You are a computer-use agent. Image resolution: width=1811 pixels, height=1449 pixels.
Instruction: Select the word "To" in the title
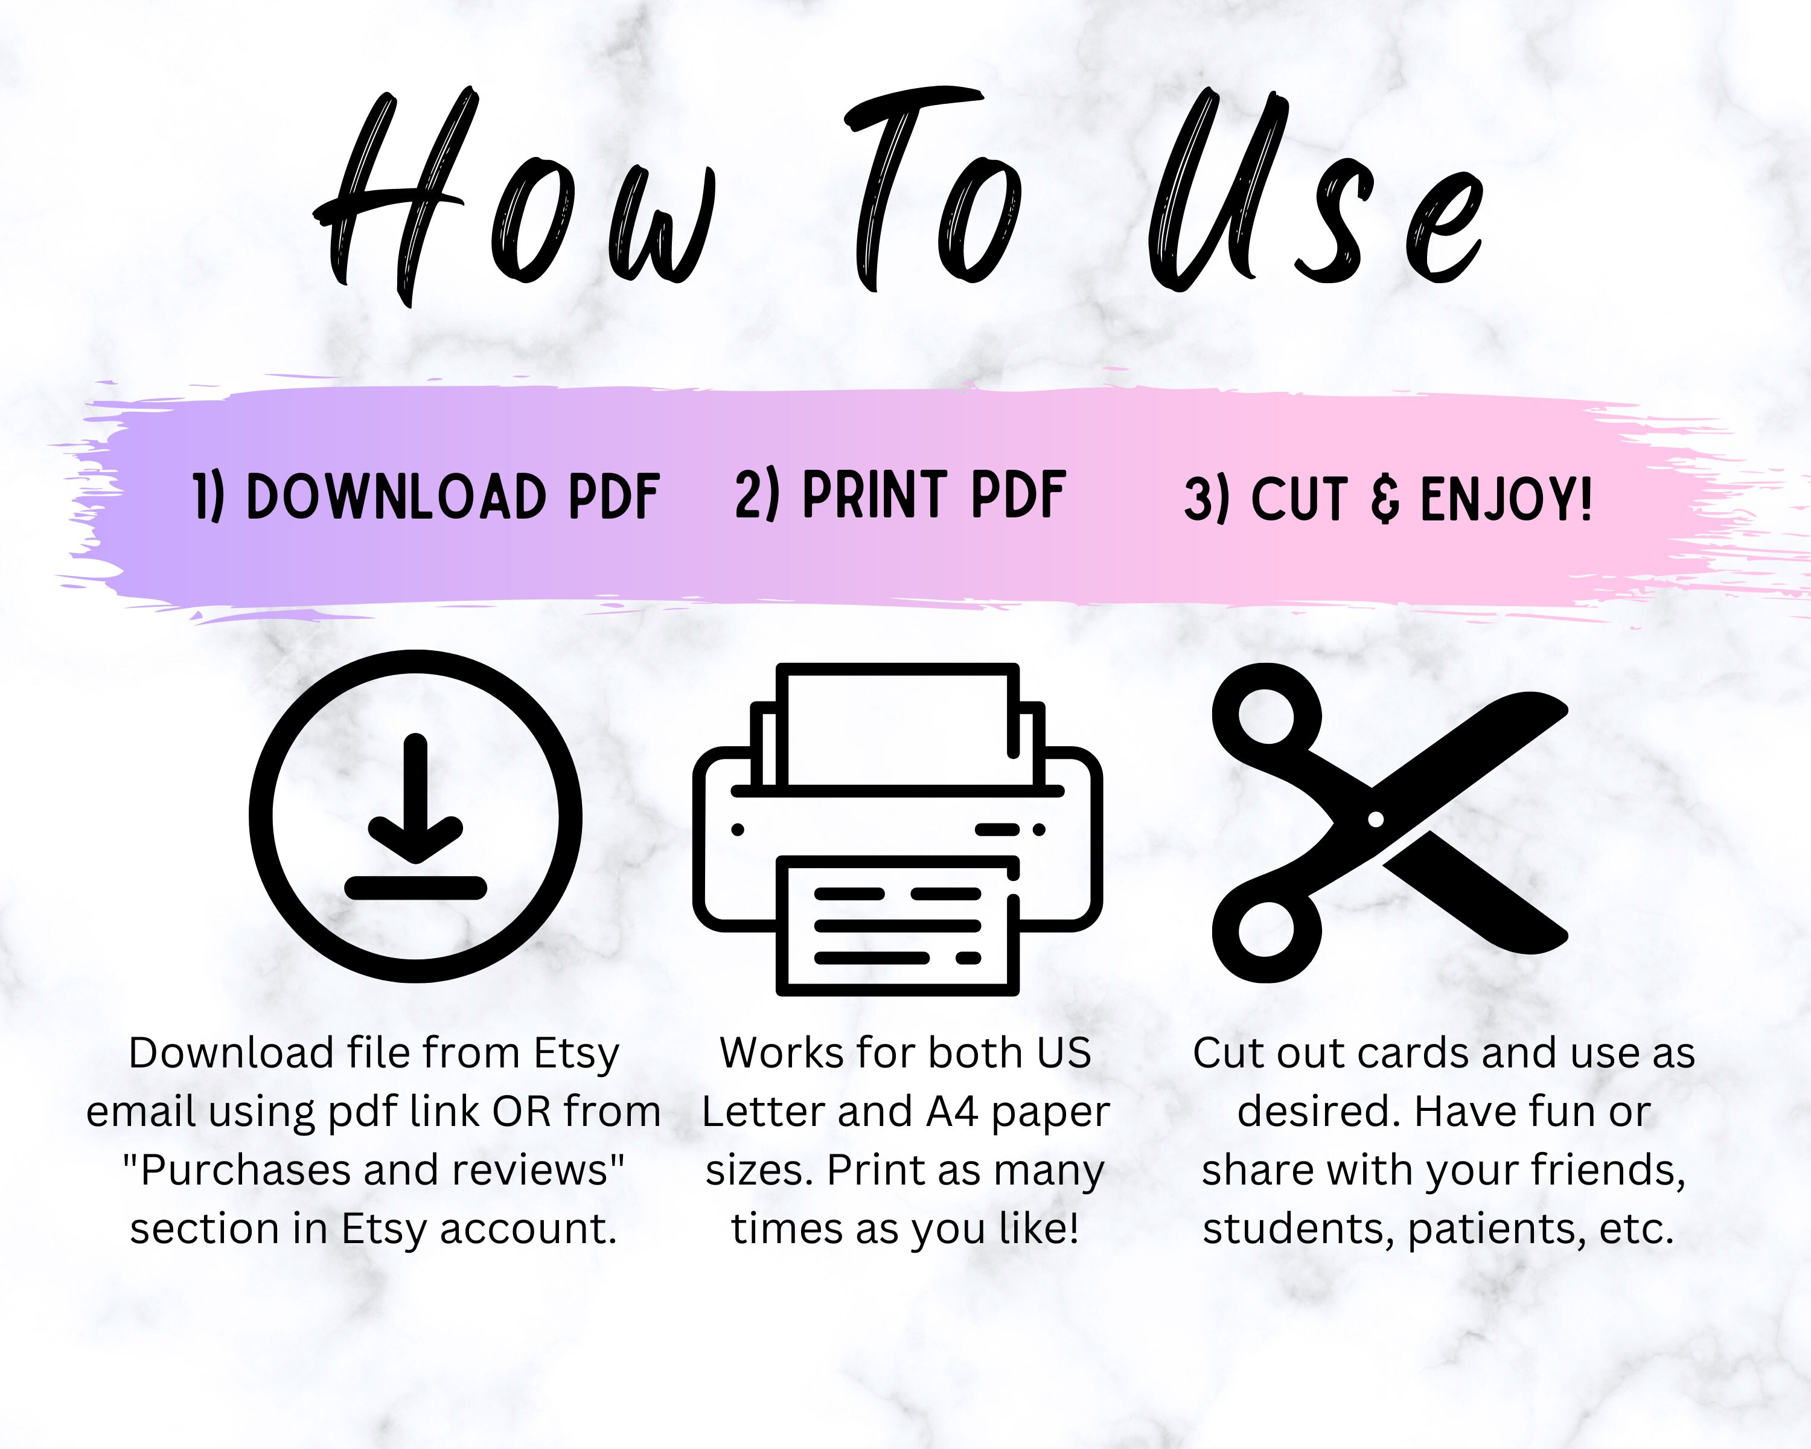pyautogui.click(x=933, y=193)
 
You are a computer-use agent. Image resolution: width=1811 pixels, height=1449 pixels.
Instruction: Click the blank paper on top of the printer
pyautogui.click(x=897, y=726)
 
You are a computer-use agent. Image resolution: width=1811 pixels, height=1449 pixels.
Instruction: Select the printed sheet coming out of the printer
pyautogui.click(x=897, y=924)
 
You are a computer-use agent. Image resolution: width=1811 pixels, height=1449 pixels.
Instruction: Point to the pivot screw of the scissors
pyautogui.click(x=1375, y=818)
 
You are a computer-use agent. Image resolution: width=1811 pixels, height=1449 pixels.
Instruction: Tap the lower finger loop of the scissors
pyautogui.click(x=1266, y=930)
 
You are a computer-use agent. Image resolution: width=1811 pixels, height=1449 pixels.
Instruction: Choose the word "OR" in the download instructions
pyautogui.click(x=521, y=1112)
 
